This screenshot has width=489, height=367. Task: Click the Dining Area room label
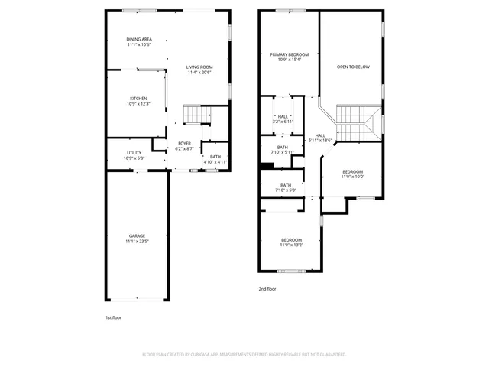pos(139,42)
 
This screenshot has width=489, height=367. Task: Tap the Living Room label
pos(199,70)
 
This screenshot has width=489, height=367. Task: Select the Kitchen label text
pos(138,101)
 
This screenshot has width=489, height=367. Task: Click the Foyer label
pos(185,146)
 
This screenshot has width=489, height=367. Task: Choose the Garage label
pos(138,239)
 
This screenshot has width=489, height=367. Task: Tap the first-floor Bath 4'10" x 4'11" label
pos(215,159)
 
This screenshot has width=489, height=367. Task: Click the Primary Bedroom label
pos(290,57)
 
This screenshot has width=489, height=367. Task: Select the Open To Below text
pos(353,67)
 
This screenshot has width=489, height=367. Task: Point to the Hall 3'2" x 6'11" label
pos(283,119)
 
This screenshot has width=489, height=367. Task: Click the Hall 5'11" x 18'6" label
pos(320,138)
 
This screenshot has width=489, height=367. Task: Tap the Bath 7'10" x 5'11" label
pos(283,150)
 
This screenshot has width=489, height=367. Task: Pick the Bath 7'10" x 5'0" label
pos(285,187)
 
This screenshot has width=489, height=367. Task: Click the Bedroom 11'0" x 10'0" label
pos(352,174)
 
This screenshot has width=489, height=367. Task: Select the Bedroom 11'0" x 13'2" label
pos(292,242)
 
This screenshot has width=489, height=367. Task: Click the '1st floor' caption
pos(113,317)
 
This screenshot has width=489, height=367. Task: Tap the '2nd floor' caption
pos(267,289)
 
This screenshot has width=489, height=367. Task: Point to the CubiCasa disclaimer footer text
pos(244,355)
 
